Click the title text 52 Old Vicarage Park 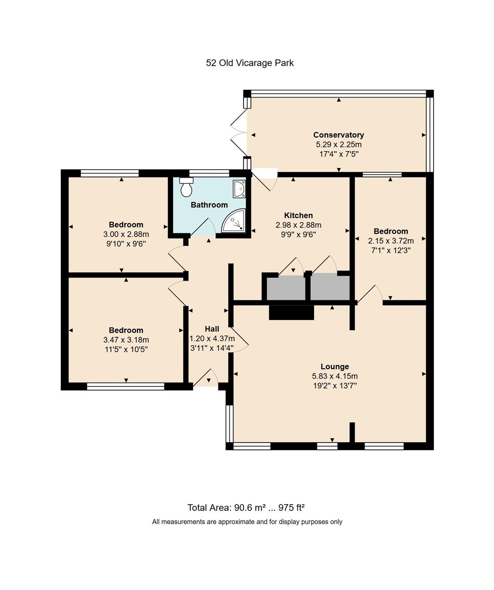tap(249, 63)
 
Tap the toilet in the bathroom tap(186, 187)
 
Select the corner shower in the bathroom tap(235, 221)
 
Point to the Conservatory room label tap(338, 135)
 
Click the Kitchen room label tap(298, 215)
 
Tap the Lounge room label tap(335, 366)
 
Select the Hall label tap(212, 329)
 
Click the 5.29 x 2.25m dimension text tap(338, 145)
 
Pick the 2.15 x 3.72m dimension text tap(391, 241)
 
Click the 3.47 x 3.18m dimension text tap(126, 340)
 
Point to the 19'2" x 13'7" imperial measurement tap(335, 386)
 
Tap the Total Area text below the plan tap(246, 508)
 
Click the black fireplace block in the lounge tap(291, 313)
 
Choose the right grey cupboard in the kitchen tap(330, 287)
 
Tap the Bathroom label tap(209, 205)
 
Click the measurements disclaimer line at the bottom tap(247, 522)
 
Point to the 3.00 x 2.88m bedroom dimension tap(126, 234)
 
